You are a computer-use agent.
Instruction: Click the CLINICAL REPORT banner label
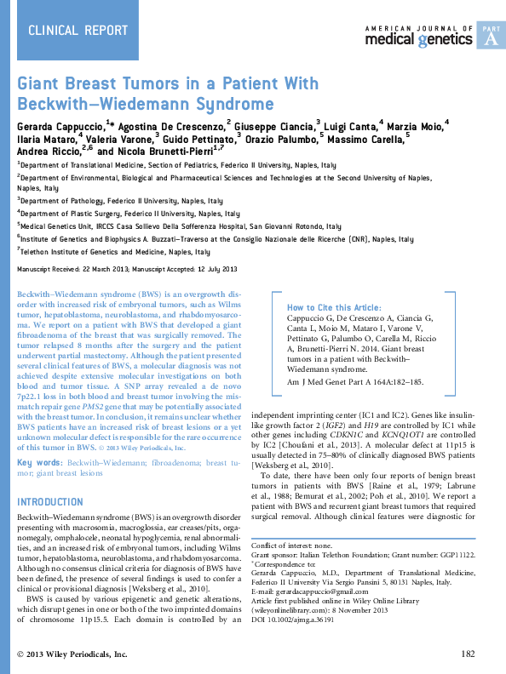coord(68,31)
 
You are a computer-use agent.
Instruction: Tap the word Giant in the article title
coord(42,85)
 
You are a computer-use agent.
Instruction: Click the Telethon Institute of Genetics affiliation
coord(115,253)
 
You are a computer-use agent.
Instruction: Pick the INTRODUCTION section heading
coord(50,501)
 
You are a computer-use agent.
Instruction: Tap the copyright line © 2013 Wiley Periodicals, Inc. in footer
coord(72,654)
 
